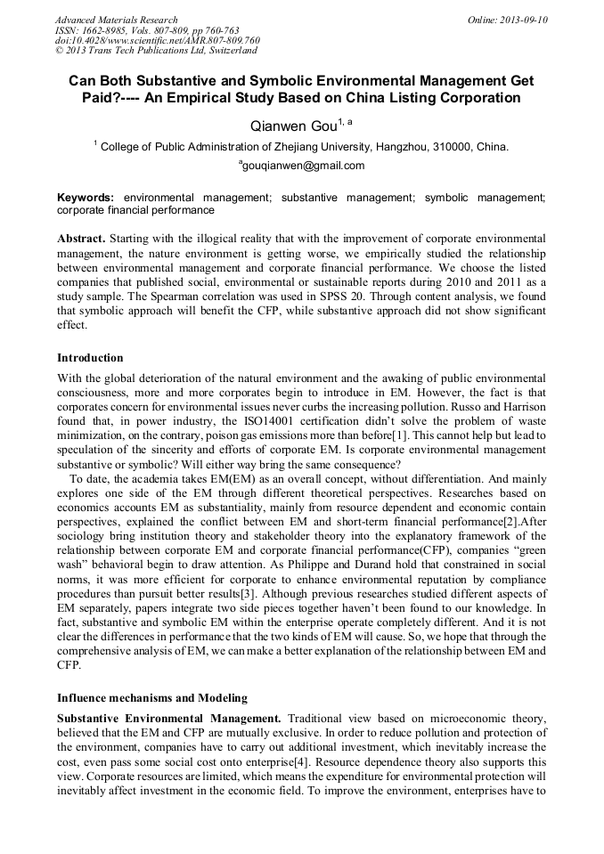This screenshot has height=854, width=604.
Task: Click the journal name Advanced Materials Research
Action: point(116,20)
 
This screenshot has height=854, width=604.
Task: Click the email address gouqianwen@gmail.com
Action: point(302,166)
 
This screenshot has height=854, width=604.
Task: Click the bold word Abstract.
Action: point(82,240)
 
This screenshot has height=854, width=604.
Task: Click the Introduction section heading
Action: point(90,358)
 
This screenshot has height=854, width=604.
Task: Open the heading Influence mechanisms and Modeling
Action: point(152,697)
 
